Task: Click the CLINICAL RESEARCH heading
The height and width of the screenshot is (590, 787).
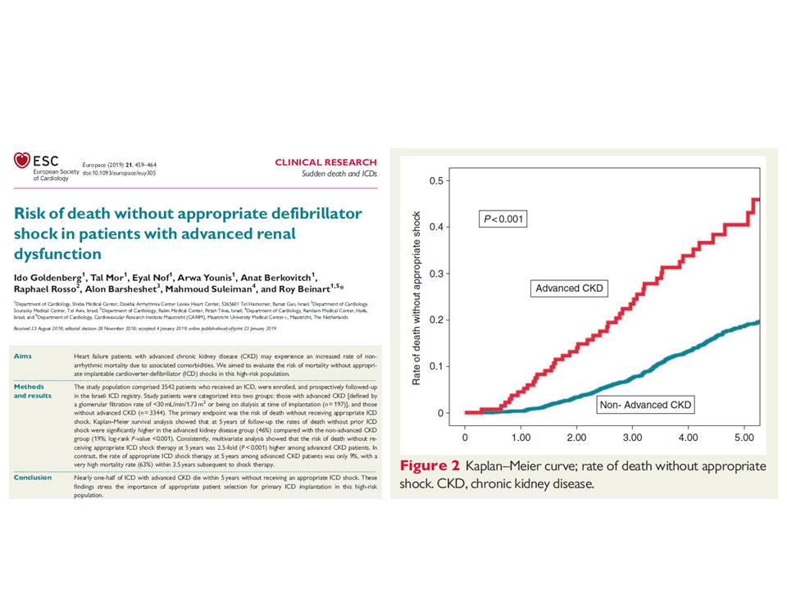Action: (325, 162)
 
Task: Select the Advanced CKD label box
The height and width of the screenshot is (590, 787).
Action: (568, 288)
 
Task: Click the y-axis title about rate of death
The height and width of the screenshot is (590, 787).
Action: (417, 297)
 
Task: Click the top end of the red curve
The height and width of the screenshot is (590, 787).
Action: (756, 199)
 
